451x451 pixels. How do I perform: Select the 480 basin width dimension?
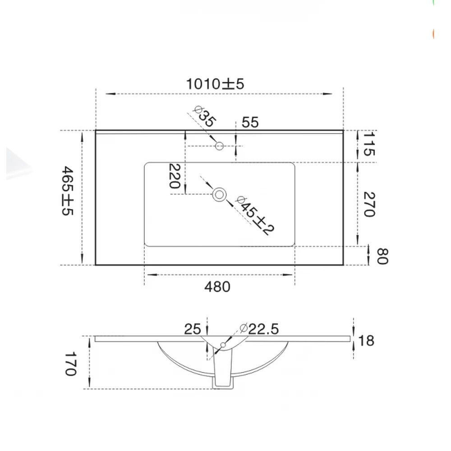point(217,286)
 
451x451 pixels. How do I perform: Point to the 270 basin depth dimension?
point(369,204)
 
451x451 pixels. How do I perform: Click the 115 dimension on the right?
point(369,144)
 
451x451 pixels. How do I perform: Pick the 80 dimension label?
point(382,256)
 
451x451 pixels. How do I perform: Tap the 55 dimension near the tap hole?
point(250,122)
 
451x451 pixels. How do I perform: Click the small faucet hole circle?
point(220,146)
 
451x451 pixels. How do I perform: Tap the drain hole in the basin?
point(220,194)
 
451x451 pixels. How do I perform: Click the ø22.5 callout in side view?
point(259,329)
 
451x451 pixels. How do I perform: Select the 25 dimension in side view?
point(192,329)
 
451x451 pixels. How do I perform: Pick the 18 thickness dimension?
point(367,341)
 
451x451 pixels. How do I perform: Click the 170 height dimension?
point(70,364)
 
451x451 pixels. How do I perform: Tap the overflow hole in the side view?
point(222,345)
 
